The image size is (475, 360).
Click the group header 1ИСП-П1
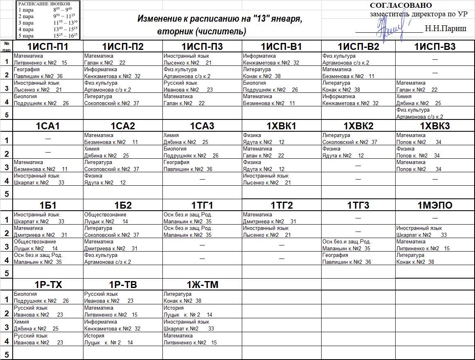tap(47, 47)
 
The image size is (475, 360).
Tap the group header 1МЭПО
tap(435, 205)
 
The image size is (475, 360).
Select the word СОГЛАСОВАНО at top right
tap(401, 5)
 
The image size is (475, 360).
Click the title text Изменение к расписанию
tap(219, 19)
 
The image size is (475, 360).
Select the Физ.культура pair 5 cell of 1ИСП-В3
tap(435, 113)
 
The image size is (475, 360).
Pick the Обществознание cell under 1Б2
tap(123, 218)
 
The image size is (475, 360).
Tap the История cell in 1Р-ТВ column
tap(123, 339)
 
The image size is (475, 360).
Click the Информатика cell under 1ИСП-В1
tap(281, 59)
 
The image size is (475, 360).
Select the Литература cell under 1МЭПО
tap(435, 259)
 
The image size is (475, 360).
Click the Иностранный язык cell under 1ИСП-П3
tap(202, 59)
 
